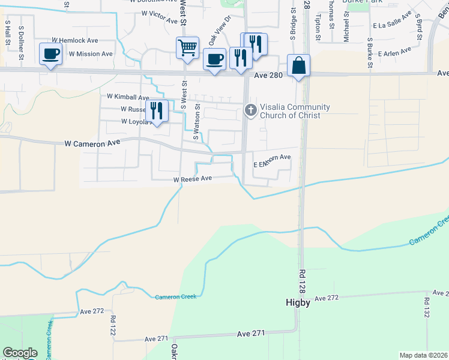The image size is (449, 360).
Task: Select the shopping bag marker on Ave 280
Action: (298, 65)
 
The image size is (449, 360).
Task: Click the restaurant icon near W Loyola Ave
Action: (157, 111)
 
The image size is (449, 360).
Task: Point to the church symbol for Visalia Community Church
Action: (250, 110)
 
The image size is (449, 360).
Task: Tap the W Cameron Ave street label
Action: (92, 143)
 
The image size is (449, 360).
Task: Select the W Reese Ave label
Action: (193, 179)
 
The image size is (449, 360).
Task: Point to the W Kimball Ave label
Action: (128, 97)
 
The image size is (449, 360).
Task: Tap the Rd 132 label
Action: (426, 308)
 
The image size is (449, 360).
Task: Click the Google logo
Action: (20, 353)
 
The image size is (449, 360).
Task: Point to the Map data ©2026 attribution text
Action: (423, 355)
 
